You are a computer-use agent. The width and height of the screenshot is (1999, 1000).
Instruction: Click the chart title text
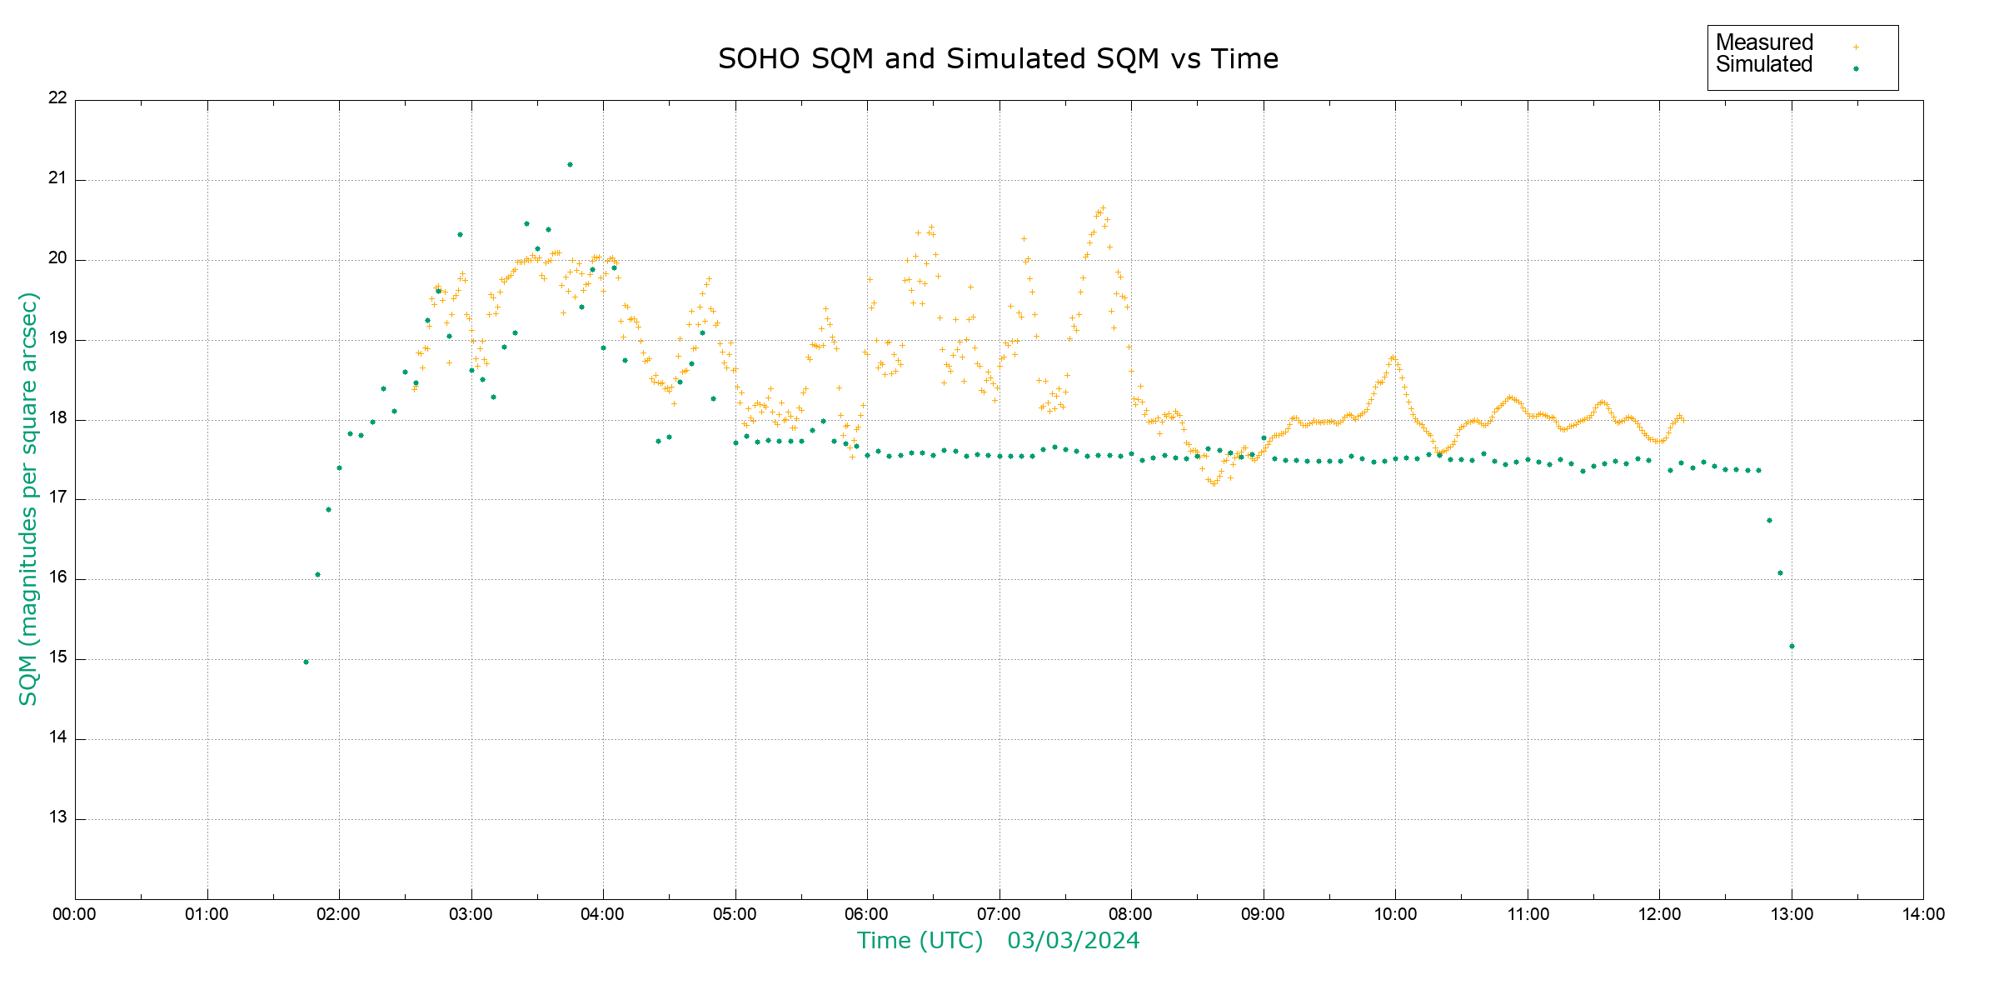[998, 59]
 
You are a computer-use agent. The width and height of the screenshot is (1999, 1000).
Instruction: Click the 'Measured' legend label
[1764, 42]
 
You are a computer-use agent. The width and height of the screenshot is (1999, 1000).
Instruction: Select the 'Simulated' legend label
[1764, 65]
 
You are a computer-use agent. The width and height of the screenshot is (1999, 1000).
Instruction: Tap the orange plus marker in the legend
[1856, 47]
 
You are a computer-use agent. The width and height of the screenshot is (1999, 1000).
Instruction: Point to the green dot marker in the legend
[1856, 69]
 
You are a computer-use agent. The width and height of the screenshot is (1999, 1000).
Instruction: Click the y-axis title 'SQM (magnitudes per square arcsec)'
[28, 498]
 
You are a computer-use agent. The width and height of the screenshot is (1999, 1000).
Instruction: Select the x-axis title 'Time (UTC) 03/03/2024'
[998, 941]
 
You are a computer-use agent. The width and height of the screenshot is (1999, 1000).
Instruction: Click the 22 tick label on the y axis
[57, 97]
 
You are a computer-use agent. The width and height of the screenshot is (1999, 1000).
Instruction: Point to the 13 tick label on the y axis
[57, 817]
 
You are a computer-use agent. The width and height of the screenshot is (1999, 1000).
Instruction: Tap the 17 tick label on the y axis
[57, 497]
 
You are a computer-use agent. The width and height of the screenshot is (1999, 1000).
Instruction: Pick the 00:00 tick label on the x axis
[74, 914]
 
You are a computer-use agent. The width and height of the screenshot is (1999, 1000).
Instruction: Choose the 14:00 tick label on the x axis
[1923, 914]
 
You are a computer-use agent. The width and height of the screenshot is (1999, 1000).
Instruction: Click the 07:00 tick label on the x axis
[999, 914]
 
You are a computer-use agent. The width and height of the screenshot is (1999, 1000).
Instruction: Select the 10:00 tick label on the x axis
[1395, 914]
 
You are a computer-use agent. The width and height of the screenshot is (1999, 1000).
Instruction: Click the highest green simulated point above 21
[570, 165]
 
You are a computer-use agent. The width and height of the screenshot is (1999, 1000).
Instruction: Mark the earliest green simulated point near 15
[306, 662]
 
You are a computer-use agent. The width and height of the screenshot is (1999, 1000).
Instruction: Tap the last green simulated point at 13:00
[1792, 647]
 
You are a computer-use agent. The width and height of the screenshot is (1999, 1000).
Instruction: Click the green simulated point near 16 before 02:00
[317, 575]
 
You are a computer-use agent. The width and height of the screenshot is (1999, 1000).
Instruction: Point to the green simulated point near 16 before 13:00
[1780, 573]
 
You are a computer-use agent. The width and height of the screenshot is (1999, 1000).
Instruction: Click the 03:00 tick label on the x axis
[471, 914]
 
